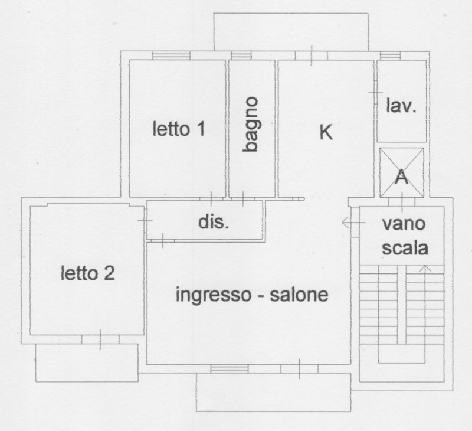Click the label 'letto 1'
pyautogui.click(x=179, y=129)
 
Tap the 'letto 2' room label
pyautogui.click(x=88, y=273)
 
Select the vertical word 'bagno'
pyautogui.click(x=251, y=125)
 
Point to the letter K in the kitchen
pyautogui.click(x=326, y=132)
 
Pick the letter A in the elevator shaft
pyautogui.click(x=402, y=177)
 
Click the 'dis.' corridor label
pyautogui.click(x=213, y=222)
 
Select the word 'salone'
pyautogui.click(x=299, y=295)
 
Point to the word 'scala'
pyautogui.click(x=404, y=248)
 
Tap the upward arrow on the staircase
pyautogui.click(x=424, y=269)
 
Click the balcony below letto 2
pyautogui.click(x=86, y=363)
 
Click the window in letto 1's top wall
pyautogui.click(x=171, y=55)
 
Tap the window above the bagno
pyautogui.click(x=241, y=55)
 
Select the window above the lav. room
pyautogui.click(x=390, y=55)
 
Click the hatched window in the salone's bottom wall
pyautogui.click(x=230, y=369)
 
